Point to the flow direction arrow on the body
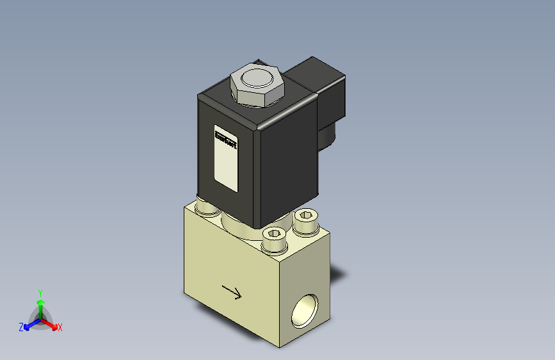231,292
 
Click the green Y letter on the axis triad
40,291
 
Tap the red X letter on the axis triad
60,327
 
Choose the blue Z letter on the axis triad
21,327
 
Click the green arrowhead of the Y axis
40,301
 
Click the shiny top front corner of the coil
259,128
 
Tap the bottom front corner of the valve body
280,347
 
